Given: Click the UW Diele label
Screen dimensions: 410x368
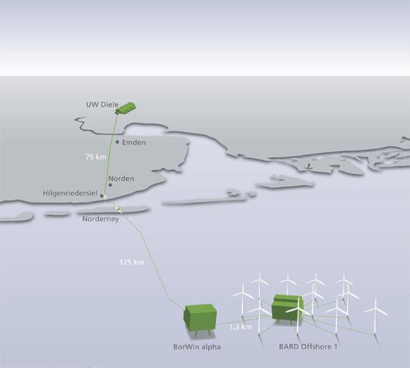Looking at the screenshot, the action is point(102,104).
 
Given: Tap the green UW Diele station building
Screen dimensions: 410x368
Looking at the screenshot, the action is point(125,108).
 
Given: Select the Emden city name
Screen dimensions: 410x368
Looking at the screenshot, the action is point(134,142).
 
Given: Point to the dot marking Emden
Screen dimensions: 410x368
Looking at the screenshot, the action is point(118,142).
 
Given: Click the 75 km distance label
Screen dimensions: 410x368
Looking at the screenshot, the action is point(96,157).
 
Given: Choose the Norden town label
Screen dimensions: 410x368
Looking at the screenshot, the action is point(121,179).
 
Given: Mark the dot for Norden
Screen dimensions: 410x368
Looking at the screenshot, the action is point(111,185).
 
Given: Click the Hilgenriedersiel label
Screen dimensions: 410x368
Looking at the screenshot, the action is point(70,193).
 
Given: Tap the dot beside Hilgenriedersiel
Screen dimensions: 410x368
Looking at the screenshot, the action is point(101,196).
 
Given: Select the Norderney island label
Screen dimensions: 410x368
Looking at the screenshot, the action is point(101,219).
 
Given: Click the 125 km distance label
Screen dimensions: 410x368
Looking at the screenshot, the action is point(132,262).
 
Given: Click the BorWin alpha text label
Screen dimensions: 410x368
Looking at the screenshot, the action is point(197,347).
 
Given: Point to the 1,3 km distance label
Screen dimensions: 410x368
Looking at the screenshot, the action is point(241,327).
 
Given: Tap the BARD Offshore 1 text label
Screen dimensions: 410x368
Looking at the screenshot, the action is point(308,347).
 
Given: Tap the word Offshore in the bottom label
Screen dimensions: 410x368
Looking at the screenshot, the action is point(315,347).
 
